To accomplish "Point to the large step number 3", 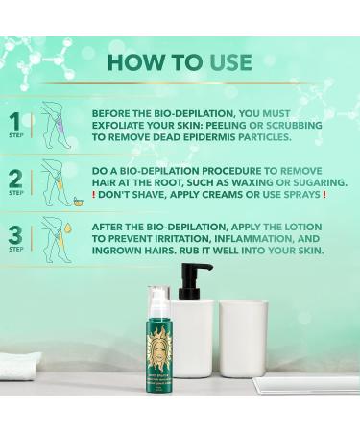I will pyautogui.click(x=14, y=232).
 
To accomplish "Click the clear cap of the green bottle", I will pyautogui.click(x=158, y=299).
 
